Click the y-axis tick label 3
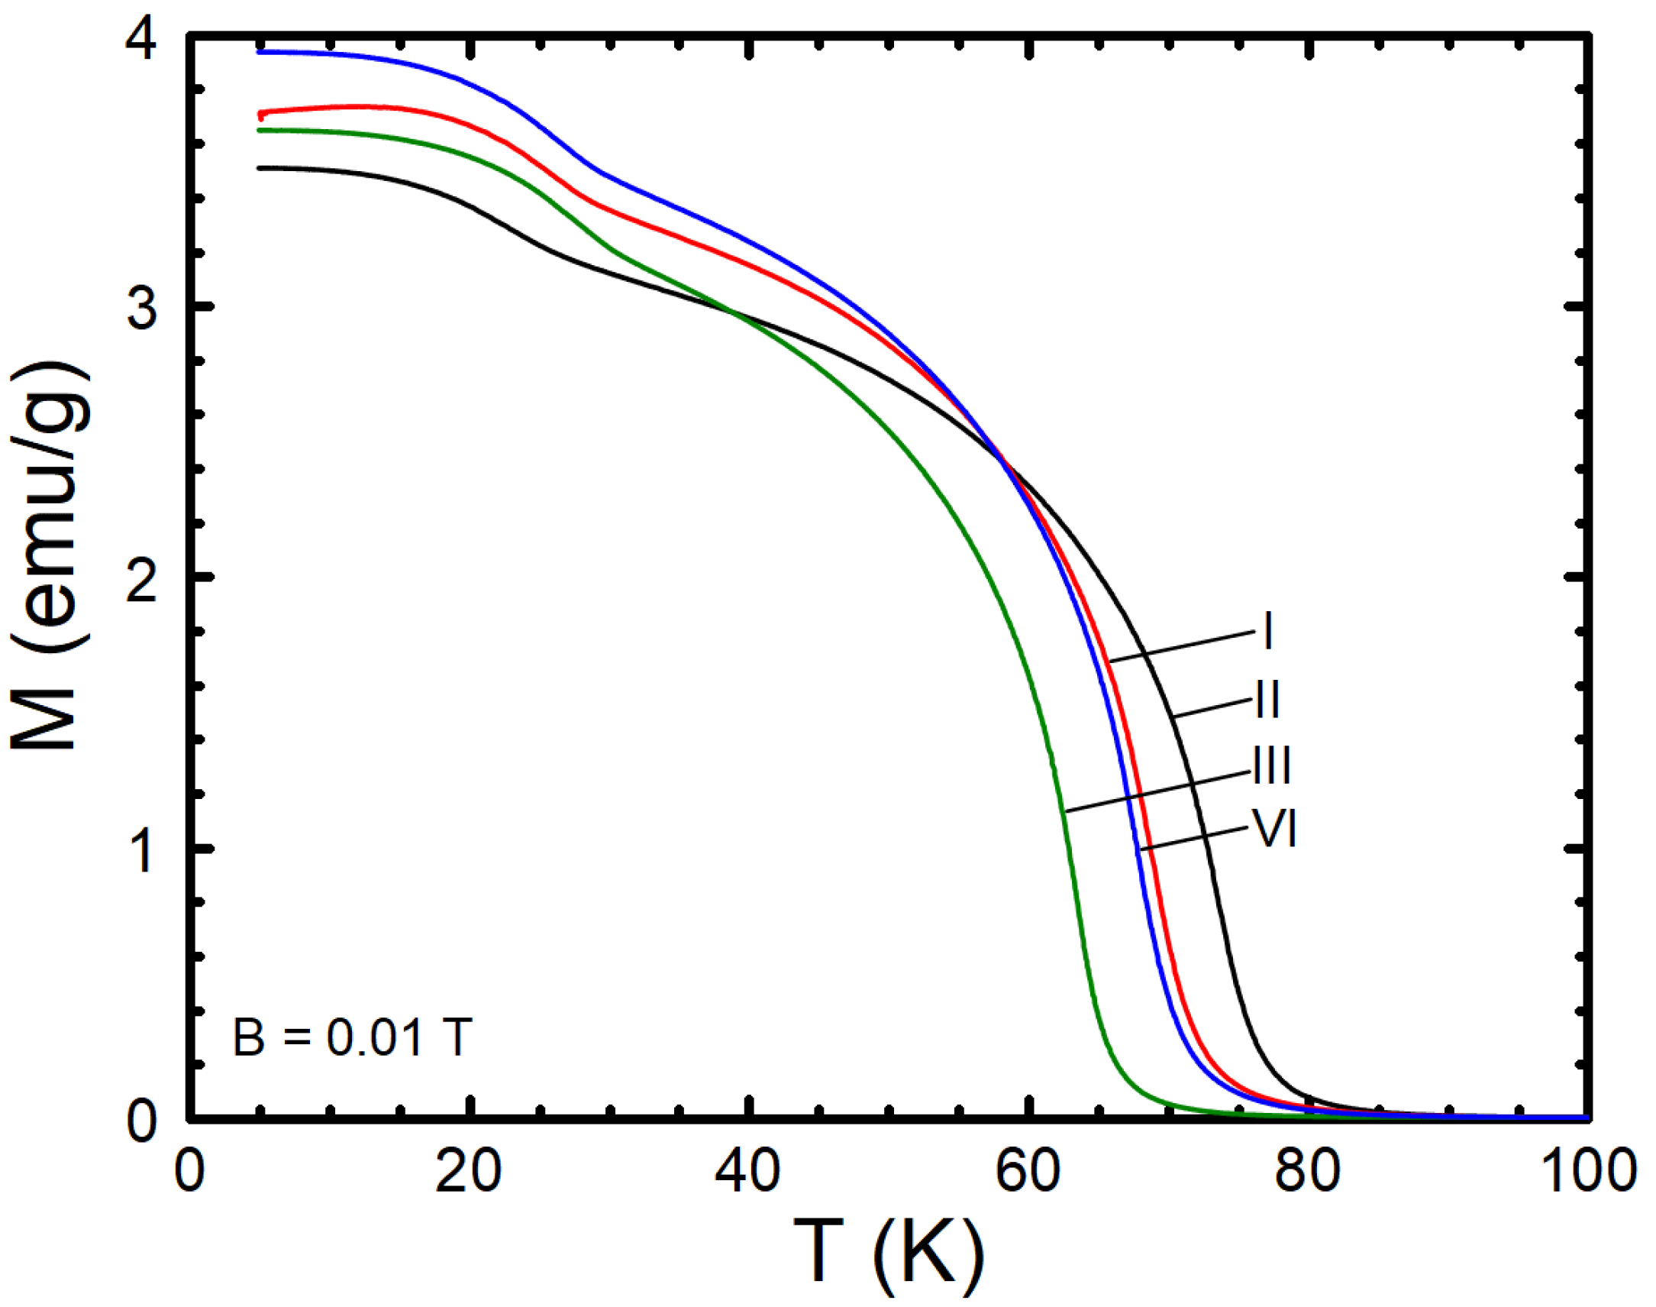[x=141, y=310]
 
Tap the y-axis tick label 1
[x=141, y=852]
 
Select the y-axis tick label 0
[x=141, y=1122]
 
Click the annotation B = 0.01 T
[x=352, y=1038]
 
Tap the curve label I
[x=1267, y=631]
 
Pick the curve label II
[x=1267, y=699]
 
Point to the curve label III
[x=1272, y=765]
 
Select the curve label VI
[x=1273, y=829]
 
